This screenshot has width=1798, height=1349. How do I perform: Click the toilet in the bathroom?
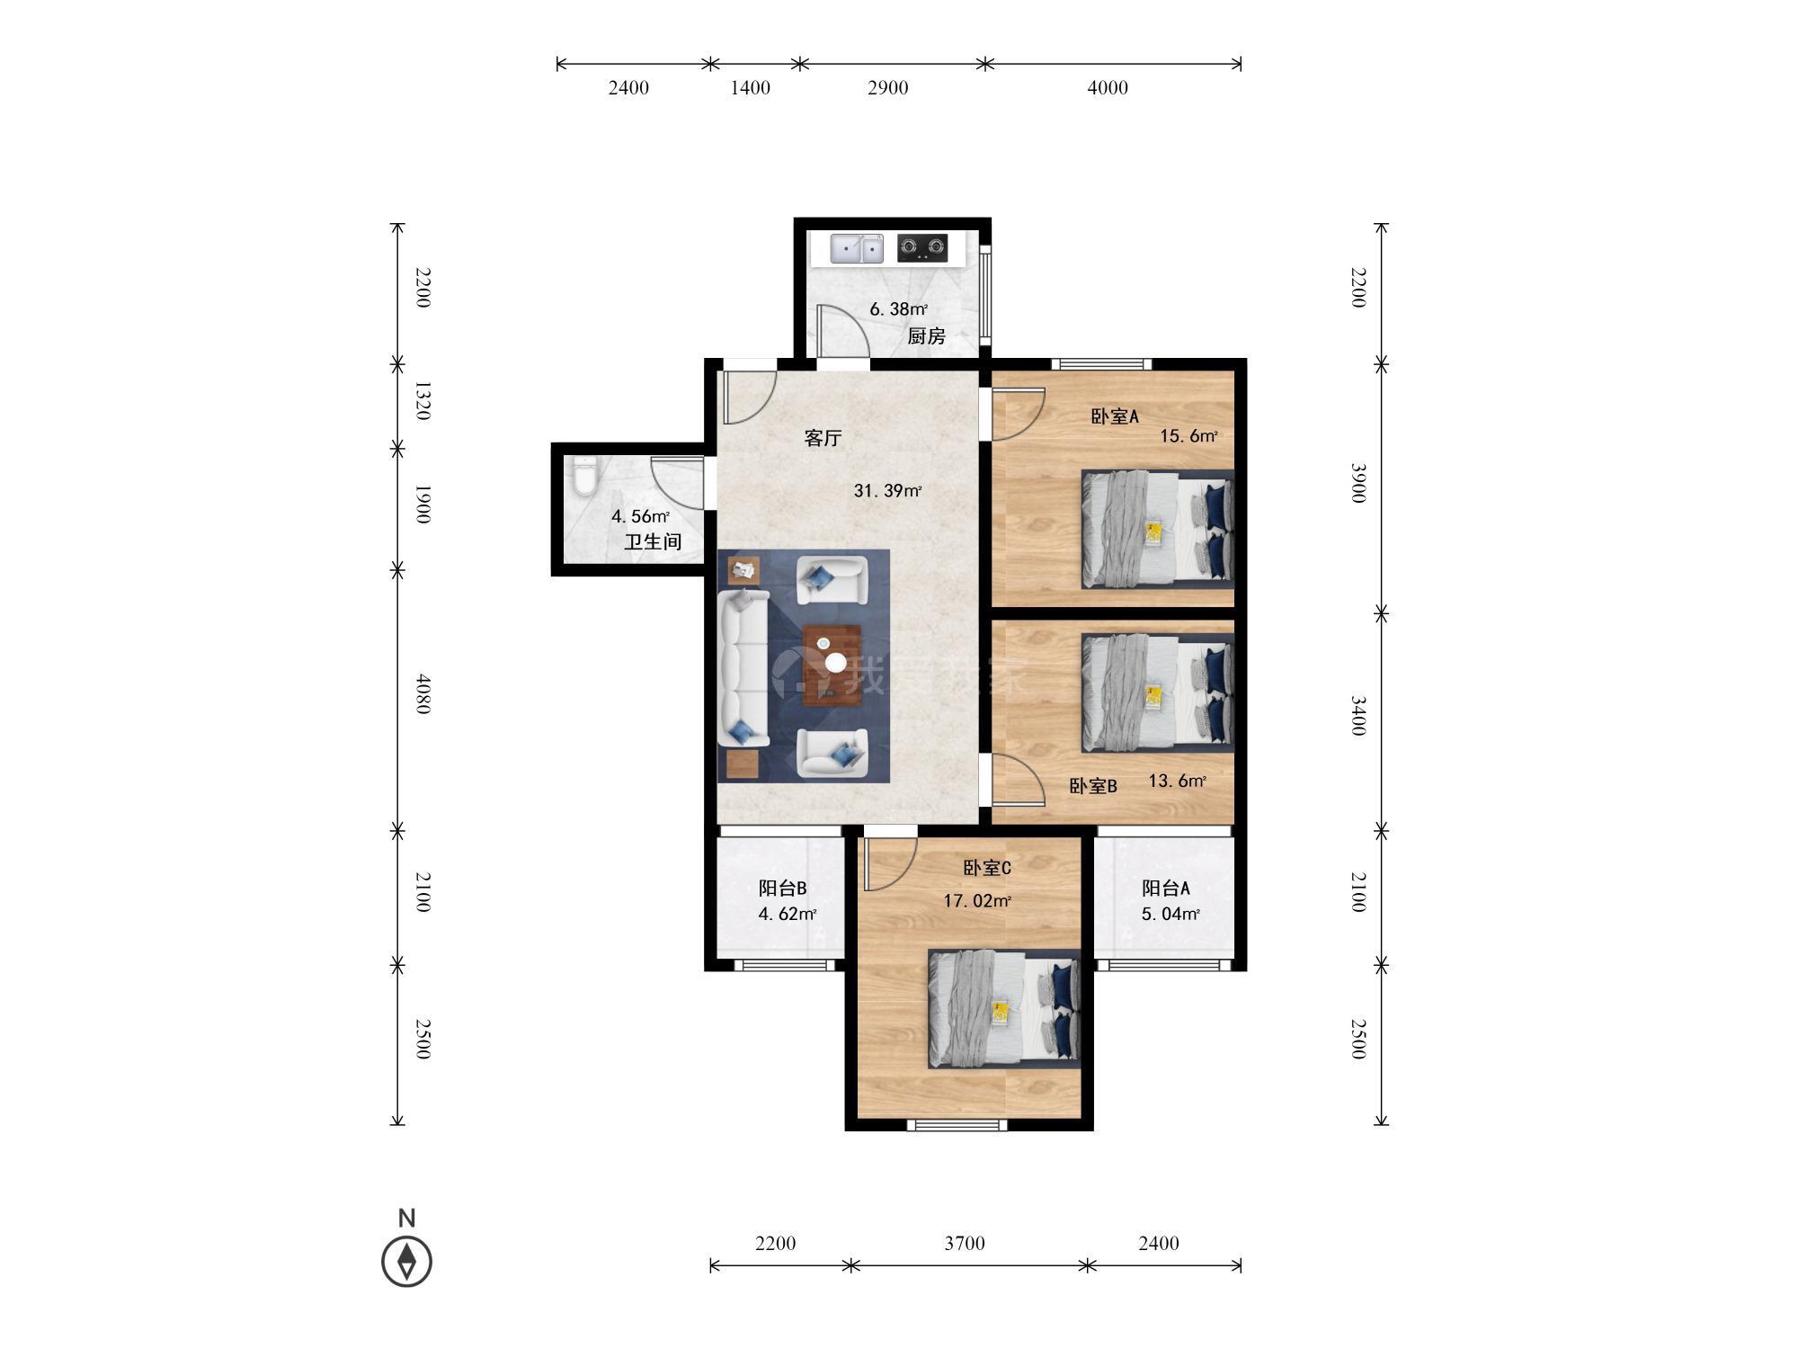[x=583, y=476]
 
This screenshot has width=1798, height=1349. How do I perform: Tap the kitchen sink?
[x=857, y=248]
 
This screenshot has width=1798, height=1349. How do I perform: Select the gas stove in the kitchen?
[x=922, y=247]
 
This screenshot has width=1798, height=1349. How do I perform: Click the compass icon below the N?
[x=407, y=1261]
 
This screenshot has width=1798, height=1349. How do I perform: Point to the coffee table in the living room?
[x=832, y=666]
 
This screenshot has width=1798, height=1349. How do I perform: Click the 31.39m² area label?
[x=887, y=491]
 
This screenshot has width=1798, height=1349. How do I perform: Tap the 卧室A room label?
[x=1115, y=416]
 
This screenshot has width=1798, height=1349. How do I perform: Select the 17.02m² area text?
[x=977, y=900]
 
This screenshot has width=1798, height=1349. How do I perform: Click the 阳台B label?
[x=782, y=889]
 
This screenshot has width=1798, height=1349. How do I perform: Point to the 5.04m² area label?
[x=1170, y=915]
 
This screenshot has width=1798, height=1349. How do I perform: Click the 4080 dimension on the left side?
[x=423, y=694]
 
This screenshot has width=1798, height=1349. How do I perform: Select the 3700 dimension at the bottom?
[x=965, y=1243]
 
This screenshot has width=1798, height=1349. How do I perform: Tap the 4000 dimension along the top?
[x=1108, y=87]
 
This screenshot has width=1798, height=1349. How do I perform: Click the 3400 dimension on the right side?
[x=1358, y=716]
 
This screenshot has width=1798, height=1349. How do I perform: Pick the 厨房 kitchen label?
[x=926, y=336]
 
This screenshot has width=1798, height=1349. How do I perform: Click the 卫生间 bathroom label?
[x=653, y=541]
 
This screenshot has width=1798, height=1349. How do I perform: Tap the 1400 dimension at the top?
[x=750, y=87]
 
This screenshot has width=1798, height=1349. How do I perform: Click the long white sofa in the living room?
[x=743, y=667]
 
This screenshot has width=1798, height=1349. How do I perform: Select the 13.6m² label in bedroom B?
[x=1178, y=781]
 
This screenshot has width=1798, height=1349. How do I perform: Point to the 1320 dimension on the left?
[x=423, y=401]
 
